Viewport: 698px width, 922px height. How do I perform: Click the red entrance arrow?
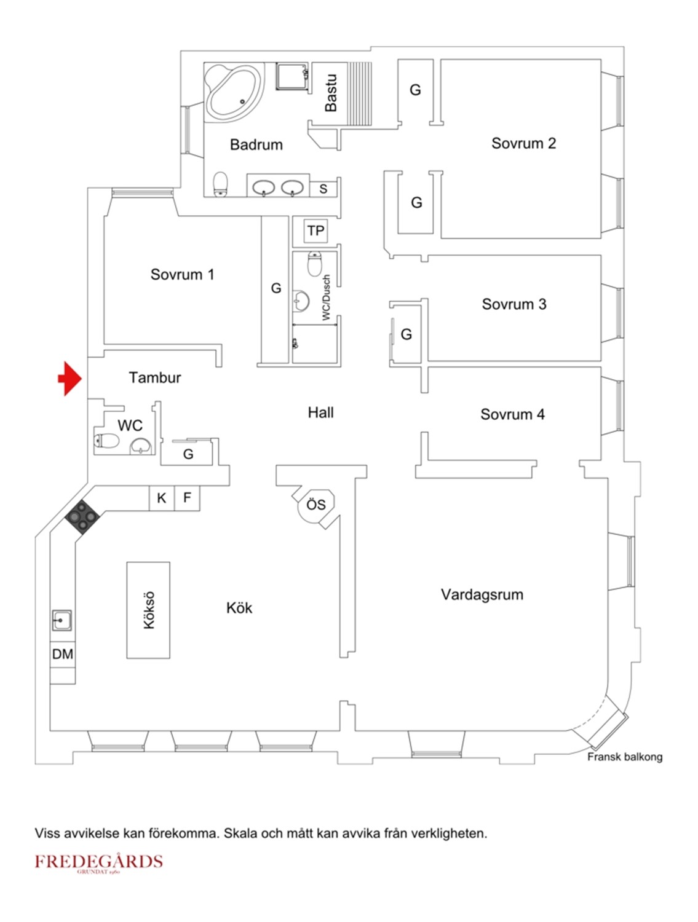[x=69, y=378]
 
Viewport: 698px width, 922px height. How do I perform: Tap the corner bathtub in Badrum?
[x=233, y=92]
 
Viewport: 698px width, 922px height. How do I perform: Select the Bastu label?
[x=331, y=93]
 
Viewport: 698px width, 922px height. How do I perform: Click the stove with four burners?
[x=82, y=516]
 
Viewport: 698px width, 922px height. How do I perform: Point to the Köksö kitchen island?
[x=148, y=610]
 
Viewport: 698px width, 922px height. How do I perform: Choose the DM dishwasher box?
[x=63, y=653]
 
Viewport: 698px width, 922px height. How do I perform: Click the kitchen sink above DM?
[x=61, y=620]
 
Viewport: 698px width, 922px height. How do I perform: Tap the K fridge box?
[x=162, y=498]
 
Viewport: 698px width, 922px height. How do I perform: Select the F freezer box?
[x=187, y=498]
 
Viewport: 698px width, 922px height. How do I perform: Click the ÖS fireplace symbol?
[x=316, y=505]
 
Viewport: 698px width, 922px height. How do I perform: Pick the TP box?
[x=315, y=230]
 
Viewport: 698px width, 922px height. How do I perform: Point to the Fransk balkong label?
[x=624, y=757]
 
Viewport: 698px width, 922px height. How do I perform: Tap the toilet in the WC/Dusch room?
[x=314, y=263]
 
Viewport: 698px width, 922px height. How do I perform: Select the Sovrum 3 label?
[x=514, y=304]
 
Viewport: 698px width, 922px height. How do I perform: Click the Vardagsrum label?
[x=482, y=594]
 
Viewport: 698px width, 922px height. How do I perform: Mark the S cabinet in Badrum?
[x=323, y=189]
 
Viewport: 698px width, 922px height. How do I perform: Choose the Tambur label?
[x=154, y=377]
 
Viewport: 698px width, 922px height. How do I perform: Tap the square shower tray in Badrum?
[x=292, y=76]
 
